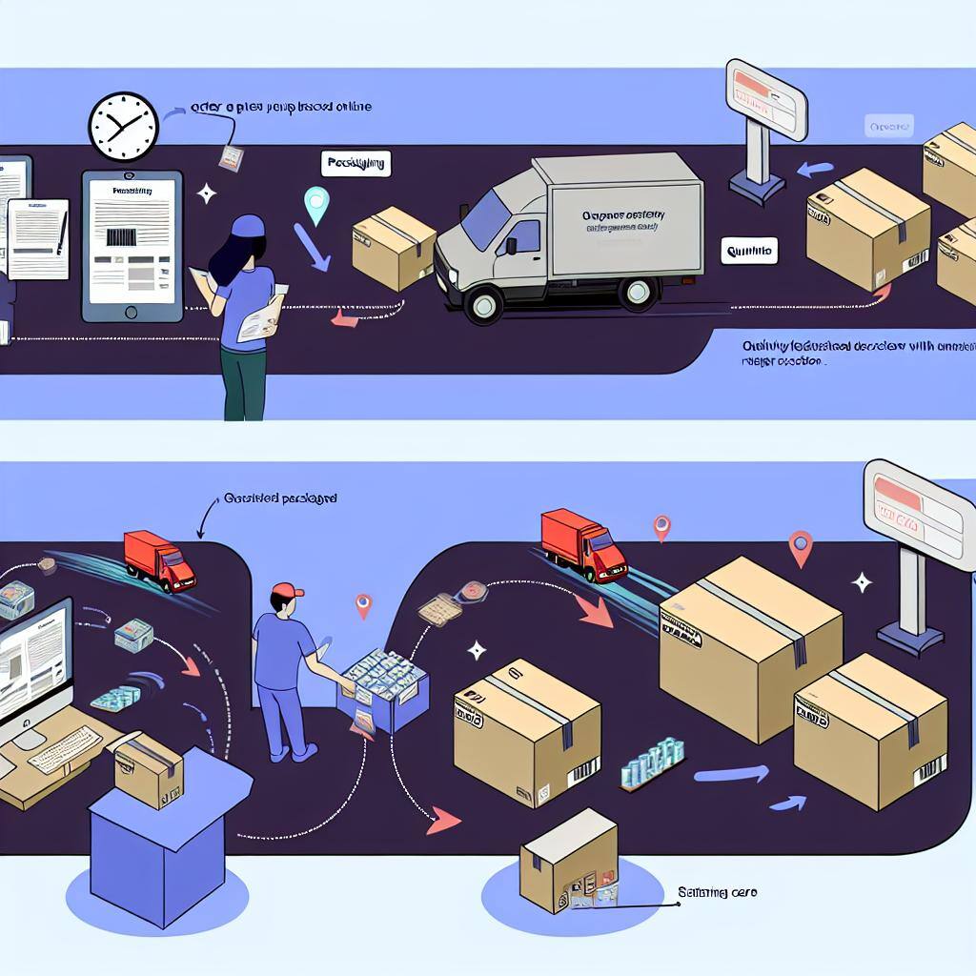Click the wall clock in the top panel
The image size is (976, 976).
[x=123, y=126]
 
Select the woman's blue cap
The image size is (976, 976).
[x=249, y=226]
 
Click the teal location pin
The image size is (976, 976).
[x=315, y=203]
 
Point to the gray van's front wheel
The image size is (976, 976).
[x=483, y=303]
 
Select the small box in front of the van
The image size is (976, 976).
[x=393, y=250]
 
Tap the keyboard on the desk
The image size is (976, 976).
[x=65, y=748]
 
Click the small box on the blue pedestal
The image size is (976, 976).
[x=149, y=769]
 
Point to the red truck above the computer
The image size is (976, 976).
[x=159, y=560]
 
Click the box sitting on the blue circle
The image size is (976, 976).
[x=568, y=861]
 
